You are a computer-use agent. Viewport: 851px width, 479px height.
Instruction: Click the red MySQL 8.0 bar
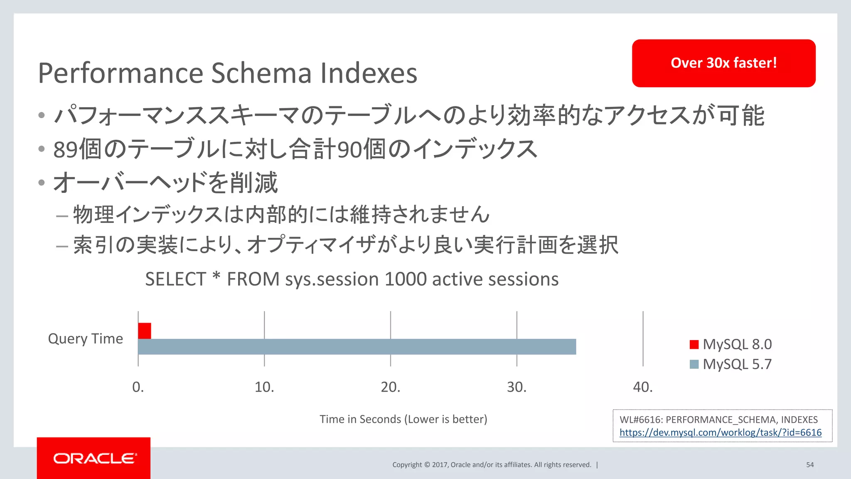[x=145, y=331]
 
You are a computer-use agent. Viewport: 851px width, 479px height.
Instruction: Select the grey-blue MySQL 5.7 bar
[x=357, y=347]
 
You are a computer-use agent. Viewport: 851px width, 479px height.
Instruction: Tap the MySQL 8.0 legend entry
[x=730, y=344]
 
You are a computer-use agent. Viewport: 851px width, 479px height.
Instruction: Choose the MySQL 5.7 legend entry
[x=730, y=364]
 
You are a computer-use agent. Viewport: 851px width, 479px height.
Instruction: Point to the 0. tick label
[x=138, y=387]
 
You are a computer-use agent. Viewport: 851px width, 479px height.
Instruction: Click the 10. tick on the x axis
[x=264, y=387]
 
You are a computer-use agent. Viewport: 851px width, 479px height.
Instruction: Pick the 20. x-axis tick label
[x=391, y=387]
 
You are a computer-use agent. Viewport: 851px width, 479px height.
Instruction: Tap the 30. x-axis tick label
[x=517, y=387]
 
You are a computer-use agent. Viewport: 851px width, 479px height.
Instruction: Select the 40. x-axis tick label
[x=643, y=387]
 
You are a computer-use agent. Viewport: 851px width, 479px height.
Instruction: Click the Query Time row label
[x=86, y=338]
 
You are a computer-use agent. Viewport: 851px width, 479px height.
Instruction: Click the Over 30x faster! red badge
[x=723, y=63]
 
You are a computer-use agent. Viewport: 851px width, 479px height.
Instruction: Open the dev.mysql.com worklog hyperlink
[x=721, y=432]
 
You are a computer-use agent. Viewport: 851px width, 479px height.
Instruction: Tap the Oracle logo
[x=94, y=458]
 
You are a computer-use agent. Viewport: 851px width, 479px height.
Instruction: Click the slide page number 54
[x=810, y=465]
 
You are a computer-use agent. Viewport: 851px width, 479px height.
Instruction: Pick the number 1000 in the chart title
[x=406, y=279]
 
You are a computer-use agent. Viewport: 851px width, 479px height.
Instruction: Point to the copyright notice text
[x=492, y=465]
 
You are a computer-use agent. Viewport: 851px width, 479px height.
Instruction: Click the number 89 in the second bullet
[x=66, y=150]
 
